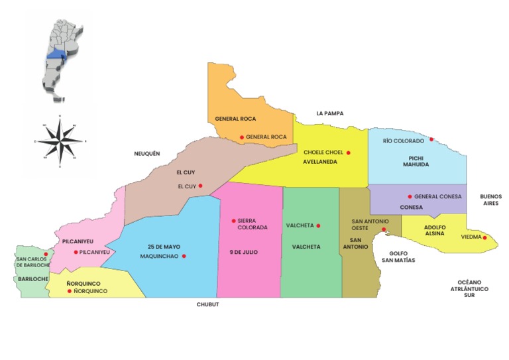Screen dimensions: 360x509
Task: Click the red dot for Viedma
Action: (484, 237)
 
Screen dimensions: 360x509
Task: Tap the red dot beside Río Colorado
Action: (431, 139)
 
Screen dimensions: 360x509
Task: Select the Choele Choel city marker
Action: (348, 152)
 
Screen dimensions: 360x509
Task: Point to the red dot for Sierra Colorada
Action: (233, 221)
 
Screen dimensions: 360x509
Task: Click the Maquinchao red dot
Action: (184, 256)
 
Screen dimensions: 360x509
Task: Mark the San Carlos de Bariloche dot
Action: (46, 254)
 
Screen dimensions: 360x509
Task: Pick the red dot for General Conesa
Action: (410, 196)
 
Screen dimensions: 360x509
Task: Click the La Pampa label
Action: (329, 113)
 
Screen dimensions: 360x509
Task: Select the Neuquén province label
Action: (147, 153)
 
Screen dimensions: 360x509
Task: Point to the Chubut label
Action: (207, 304)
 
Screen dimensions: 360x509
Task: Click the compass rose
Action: (60, 141)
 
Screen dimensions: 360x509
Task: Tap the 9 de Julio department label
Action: (243, 252)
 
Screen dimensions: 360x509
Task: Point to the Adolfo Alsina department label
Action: (434, 229)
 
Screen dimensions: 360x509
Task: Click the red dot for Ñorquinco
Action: (69, 290)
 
